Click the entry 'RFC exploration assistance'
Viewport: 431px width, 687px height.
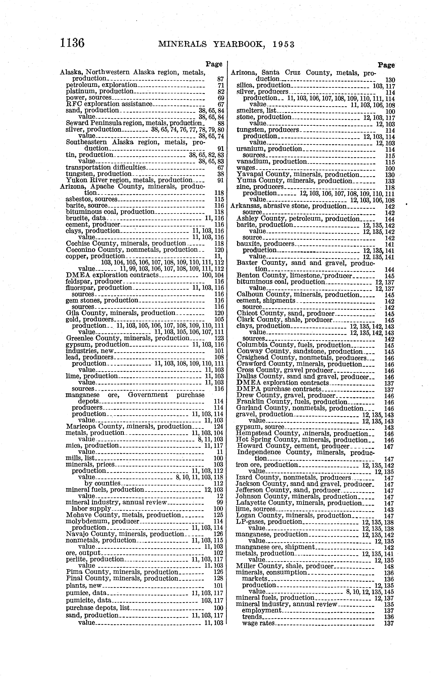(x=109, y=104)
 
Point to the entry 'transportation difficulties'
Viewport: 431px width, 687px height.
(x=106, y=168)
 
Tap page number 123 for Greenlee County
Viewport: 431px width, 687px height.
(x=219, y=338)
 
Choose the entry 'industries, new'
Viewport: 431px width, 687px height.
(x=90, y=351)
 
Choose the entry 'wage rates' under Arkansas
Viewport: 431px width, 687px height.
(x=258, y=623)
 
